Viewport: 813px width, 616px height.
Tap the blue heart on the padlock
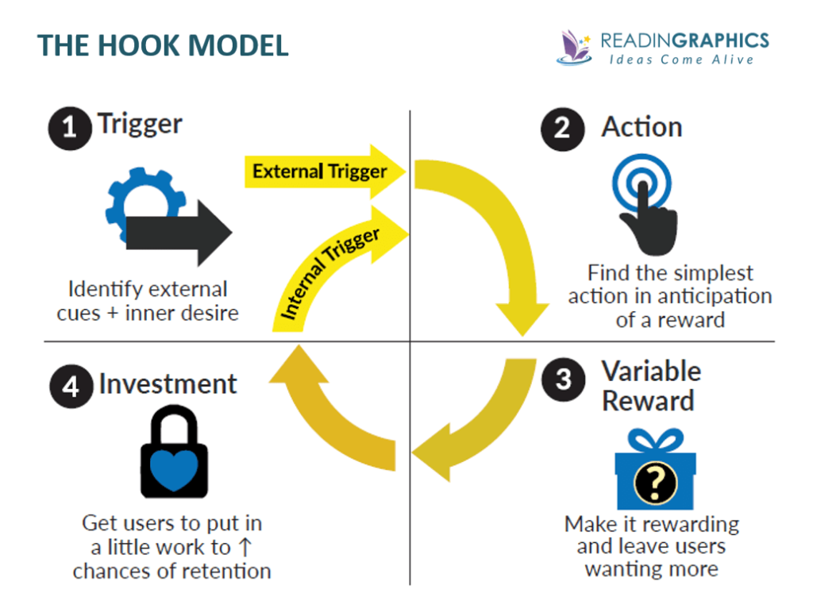pos(174,471)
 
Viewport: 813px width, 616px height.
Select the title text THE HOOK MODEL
pos(163,45)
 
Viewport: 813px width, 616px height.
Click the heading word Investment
pos(168,384)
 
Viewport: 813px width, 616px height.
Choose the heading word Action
pos(642,127)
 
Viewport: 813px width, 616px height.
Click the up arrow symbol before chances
pos(246,548)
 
